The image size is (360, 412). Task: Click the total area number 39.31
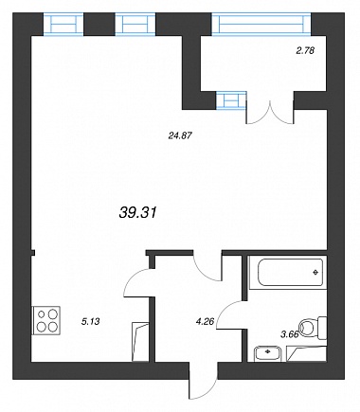(138, 213)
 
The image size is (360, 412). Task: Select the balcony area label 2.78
(305, 50)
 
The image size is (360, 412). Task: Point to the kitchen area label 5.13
(91, 322)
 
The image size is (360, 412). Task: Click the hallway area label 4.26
(205, 322)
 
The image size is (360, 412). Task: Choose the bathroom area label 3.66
(290, 334)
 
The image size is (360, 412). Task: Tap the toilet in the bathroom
(313, 328)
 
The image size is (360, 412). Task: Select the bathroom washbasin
(268, 353)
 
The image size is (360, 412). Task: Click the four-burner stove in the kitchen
(45, 320)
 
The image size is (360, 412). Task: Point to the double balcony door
(270, 113)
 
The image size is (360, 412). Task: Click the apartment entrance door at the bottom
(204, 382)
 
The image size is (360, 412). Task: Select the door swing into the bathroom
(229, 314)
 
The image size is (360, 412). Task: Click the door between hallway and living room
(207, 267)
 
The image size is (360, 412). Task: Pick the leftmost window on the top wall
(63, 24)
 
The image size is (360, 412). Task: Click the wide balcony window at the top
(261, 24)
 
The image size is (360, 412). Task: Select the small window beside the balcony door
(231, 100)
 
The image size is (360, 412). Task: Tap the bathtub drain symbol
(315, 273)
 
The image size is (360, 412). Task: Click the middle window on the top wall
(135, 24)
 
